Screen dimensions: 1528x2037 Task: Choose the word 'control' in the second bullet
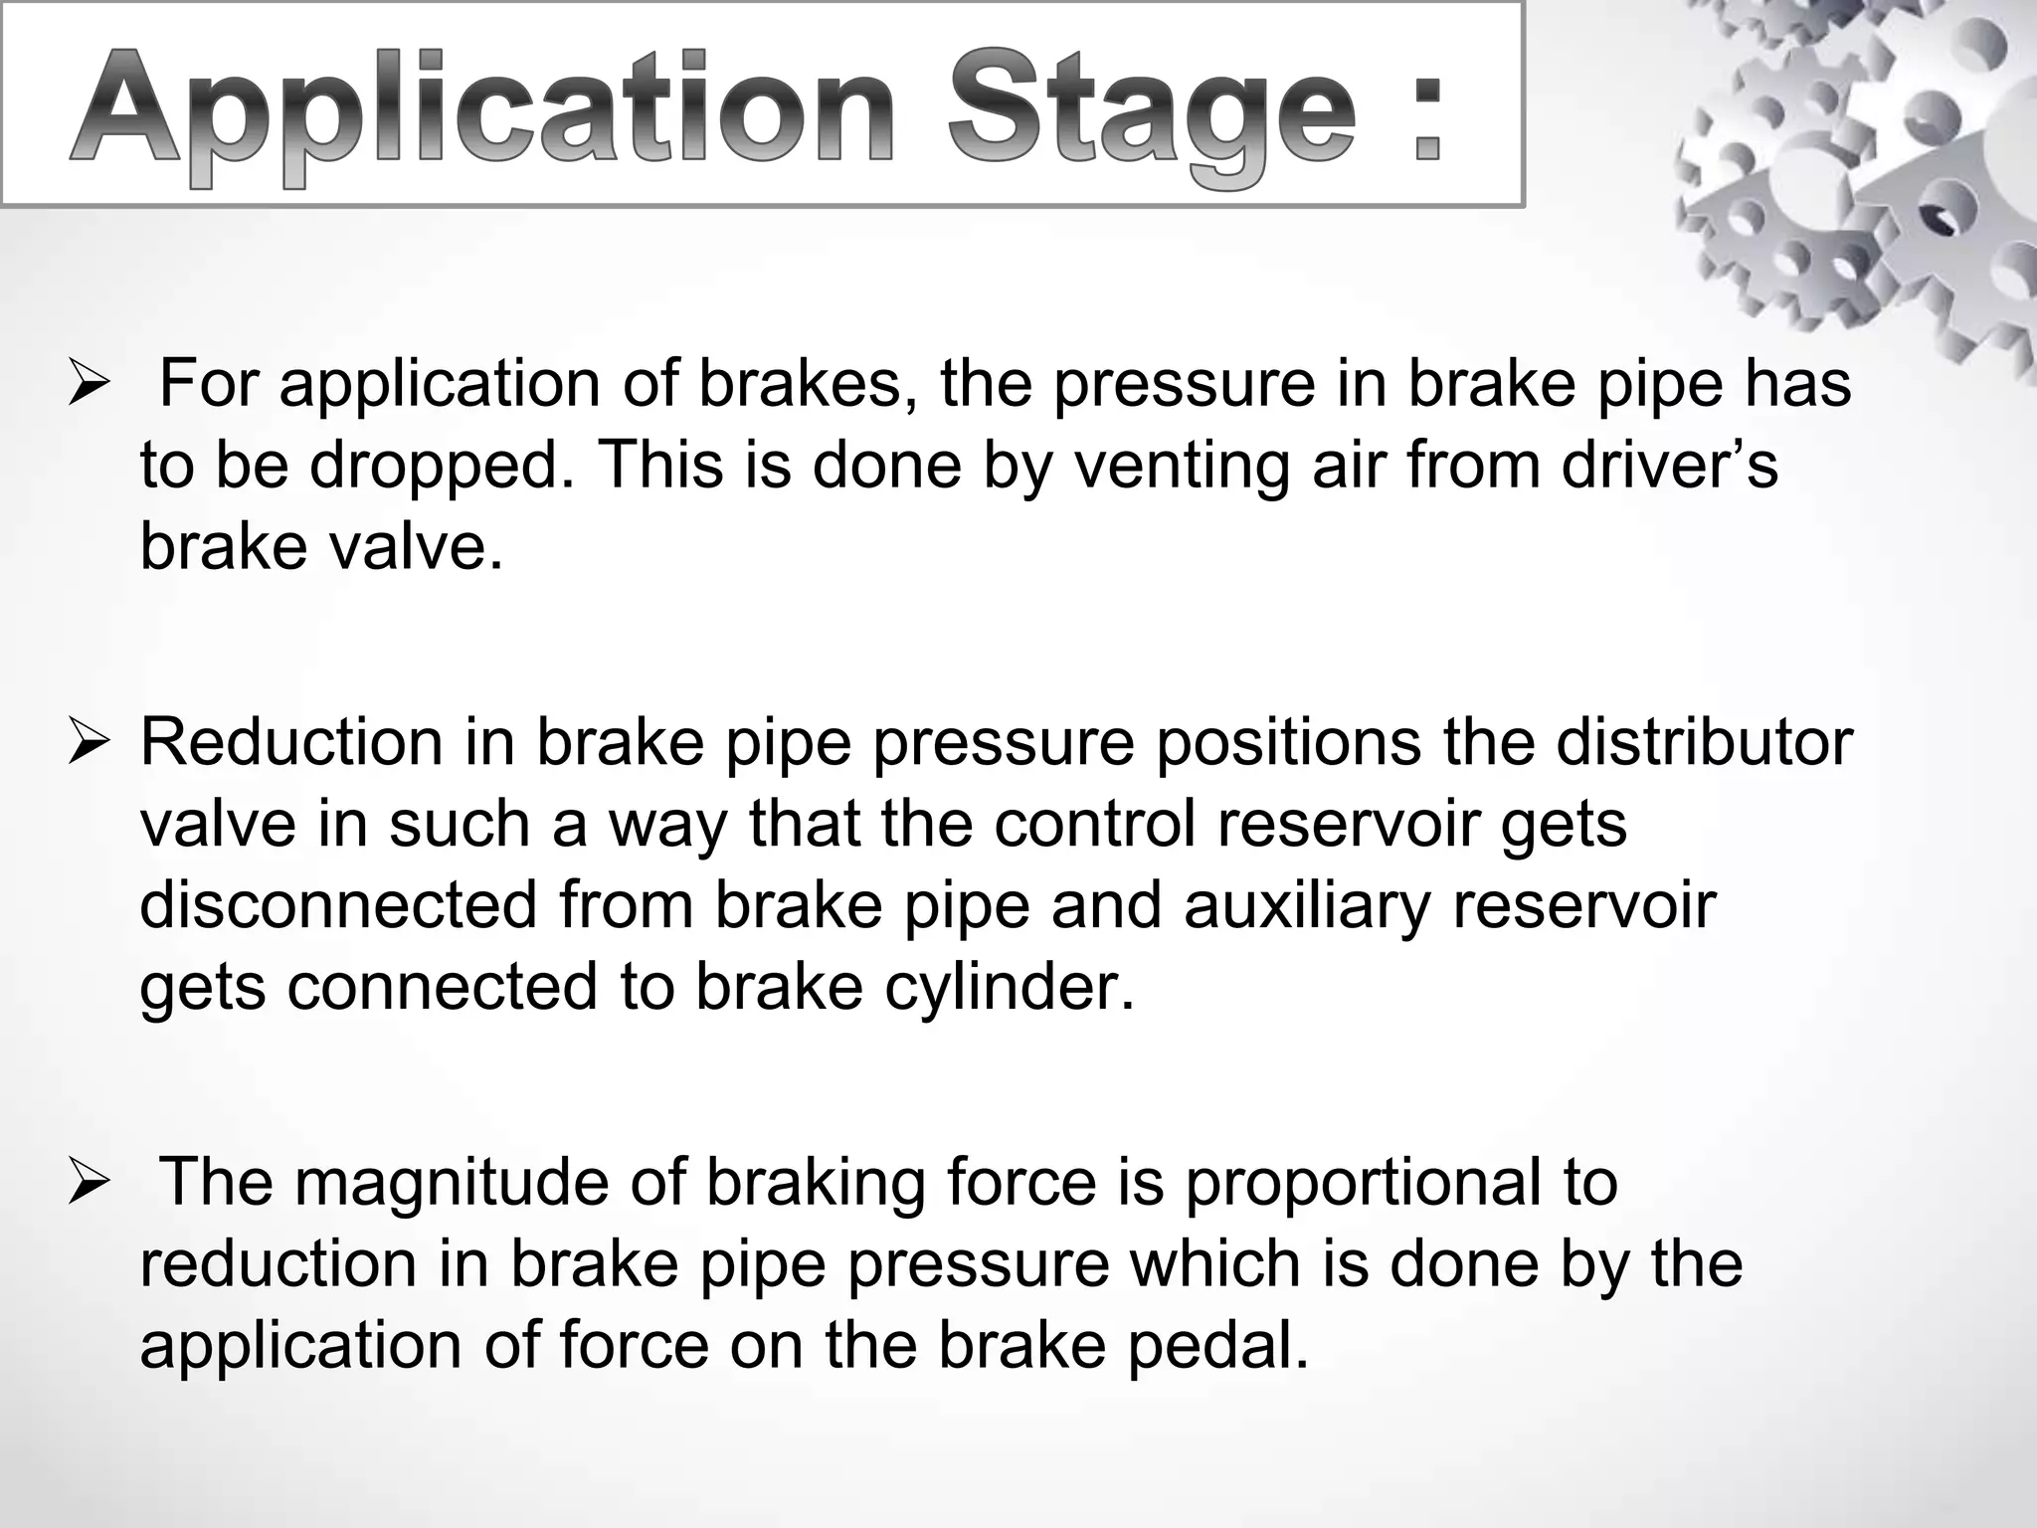coord(1095,824)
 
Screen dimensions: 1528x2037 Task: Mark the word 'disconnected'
coord(339,905)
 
